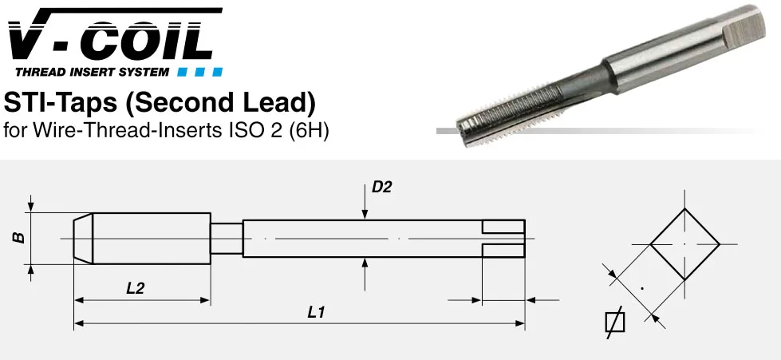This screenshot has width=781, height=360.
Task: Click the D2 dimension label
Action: [x=382, y=187]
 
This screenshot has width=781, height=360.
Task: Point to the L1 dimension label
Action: [x=316, y=313]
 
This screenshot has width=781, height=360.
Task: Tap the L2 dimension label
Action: [x=135, y=287]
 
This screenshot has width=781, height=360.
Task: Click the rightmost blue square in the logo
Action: [x=217, y=73]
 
